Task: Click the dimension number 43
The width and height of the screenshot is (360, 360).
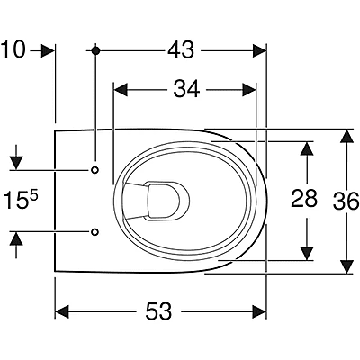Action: tap(181, 50)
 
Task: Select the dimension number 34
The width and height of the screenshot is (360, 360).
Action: tap(186, 89)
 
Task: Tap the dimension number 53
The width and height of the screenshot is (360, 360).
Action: tap(158, 311)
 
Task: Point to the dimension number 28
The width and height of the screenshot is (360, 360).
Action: tap(304, 198)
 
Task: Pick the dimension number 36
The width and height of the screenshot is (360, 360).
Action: tap(346, 201)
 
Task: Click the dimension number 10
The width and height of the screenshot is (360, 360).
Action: tap(13, 49)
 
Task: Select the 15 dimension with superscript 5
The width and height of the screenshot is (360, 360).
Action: tap(21, 200)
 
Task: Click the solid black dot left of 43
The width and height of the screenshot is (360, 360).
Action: tap(95, 50)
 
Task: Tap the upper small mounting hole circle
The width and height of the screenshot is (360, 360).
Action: tap(94, 170)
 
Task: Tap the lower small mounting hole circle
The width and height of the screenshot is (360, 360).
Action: tap(94, 231)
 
